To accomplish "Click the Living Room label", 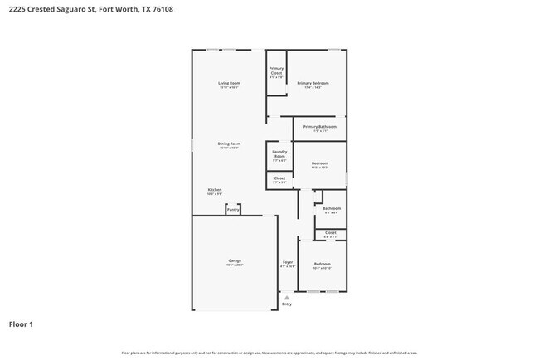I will coord(229,83).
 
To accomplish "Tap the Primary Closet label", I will coord(276,71).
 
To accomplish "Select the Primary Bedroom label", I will coord(313,83).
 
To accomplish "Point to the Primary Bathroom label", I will coord(319,127).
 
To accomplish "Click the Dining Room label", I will coord(229,144).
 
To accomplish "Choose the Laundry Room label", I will coord(279,154).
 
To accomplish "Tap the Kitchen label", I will coord(215,190).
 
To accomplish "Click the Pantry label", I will coord(233,210).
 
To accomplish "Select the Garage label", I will coord(235,261).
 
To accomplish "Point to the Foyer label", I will coord(287,262).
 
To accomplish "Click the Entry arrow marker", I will coord(287,297).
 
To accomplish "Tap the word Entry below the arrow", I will coord(287,304).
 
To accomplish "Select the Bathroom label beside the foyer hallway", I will coord(332,208).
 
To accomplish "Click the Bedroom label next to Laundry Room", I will coord(320,163).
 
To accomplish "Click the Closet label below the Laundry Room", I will coord(279,178).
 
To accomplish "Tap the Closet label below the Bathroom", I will coord(331,233).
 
